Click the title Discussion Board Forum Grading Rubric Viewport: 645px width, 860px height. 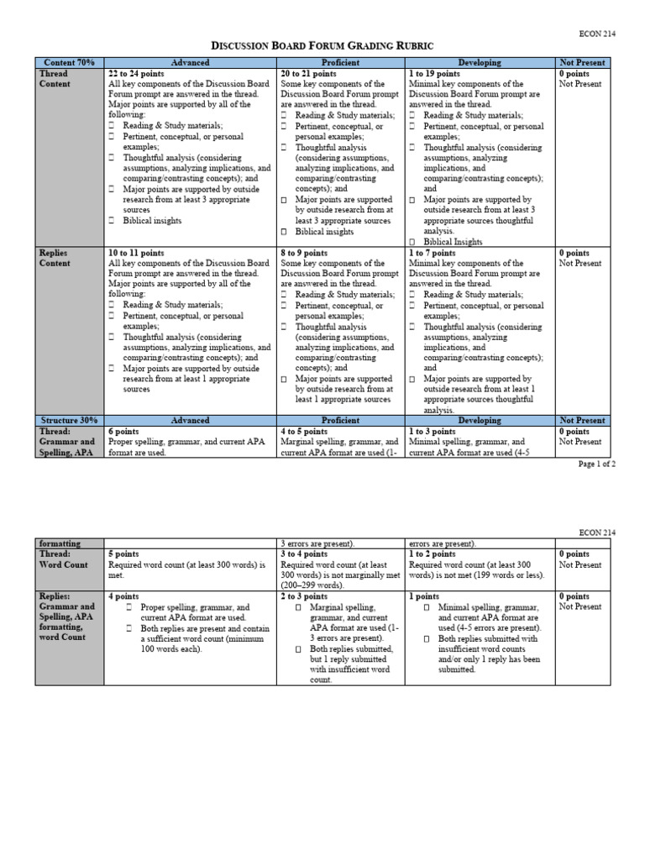(323, 45)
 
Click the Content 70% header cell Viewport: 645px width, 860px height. (69, 63)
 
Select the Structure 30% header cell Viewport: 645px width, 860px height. (69, 420)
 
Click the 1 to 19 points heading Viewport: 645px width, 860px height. (434, 74)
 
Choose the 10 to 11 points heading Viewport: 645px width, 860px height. (137, 253)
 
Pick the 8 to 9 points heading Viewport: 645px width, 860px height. (304, 253)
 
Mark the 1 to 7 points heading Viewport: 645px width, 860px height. (432, 253)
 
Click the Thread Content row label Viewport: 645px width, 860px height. (54, 79)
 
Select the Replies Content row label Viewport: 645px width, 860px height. (54, 258)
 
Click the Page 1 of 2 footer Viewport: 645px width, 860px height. (597, 464)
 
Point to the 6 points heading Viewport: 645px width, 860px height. (124, 431)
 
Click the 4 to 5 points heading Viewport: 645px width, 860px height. (304, 431)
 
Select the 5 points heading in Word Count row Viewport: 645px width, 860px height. (124, 554)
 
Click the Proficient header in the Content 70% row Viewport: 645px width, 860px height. (340, 63)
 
